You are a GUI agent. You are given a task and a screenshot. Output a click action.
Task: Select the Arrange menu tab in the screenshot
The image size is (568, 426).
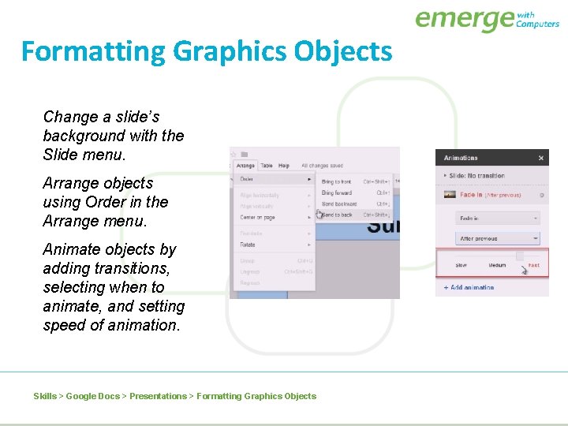click(245, 166)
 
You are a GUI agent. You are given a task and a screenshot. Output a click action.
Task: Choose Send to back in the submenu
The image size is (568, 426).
click(337, 215)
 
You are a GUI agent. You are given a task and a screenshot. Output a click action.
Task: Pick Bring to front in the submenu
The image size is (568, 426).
click(337, 181)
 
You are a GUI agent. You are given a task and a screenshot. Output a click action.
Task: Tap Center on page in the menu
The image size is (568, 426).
click(258, 217)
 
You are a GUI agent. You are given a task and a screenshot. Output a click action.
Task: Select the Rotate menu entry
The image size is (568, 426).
click(248, 244)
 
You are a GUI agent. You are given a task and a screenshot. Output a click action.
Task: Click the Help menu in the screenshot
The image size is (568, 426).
click(284, 166)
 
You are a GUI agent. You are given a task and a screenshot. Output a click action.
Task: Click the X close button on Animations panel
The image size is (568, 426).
click(540, 158)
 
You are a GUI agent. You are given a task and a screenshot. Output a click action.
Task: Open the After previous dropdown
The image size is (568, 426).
click(498, 238)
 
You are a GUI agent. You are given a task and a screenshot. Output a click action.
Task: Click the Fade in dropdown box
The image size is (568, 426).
click(498, 218)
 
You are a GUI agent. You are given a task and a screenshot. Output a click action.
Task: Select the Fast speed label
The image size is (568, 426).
click(534, 265)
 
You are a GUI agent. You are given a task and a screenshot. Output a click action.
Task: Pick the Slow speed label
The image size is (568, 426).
click(461, 265)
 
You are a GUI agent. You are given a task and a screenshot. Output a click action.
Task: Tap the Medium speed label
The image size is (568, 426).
click(497, 265)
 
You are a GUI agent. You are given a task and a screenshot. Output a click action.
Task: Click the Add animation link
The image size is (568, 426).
click(471, 287)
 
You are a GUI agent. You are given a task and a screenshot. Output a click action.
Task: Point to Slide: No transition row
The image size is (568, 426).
click(476, 176)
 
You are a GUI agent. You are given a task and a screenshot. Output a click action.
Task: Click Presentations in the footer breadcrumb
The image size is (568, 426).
click(158, 396)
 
